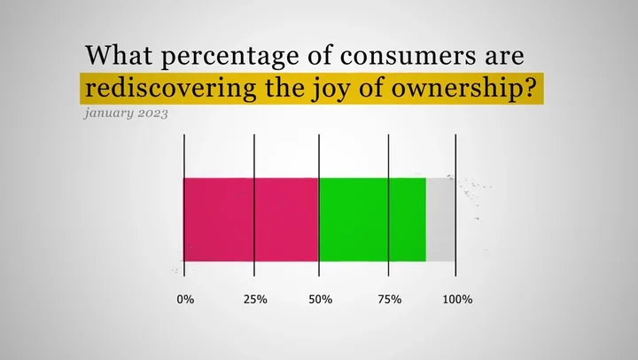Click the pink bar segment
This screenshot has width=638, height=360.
(x=251, y=220)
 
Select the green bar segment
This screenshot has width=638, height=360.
(x=373, y=220)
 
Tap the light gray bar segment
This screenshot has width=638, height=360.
(x=440, y=220)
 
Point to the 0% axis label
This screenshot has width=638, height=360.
(x=185, y=300)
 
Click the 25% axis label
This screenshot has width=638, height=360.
(x=255, y=300)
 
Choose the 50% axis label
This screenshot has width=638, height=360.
(x=321, y=300)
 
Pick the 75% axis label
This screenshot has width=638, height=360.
(x=390, y=300)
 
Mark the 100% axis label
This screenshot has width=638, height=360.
(x=458, y=300)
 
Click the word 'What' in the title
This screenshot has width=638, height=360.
(x=119, y=55)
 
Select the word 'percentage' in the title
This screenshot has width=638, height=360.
(x=230, y=58)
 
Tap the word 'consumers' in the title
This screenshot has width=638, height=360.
(x=408, y=56)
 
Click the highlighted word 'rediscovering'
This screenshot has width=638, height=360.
(x=170, y=88)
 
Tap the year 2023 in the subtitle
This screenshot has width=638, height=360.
(x=152, y=113)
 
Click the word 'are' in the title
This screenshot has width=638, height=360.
(x=504, y=57)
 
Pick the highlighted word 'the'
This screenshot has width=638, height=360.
(x=284, y=87)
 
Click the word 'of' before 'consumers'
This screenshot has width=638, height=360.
(x=320, y=55)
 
